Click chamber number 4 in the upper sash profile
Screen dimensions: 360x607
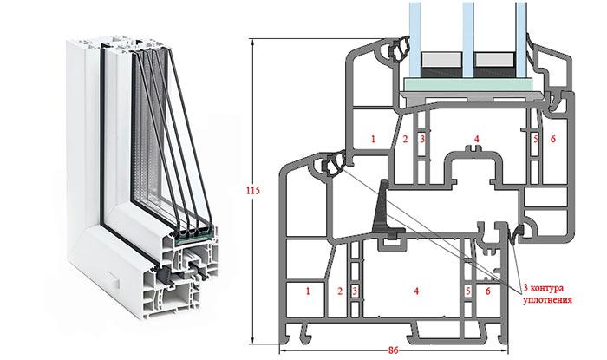[476, 139]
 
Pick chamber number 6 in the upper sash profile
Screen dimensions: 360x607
[552, 139]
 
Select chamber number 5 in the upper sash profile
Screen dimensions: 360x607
[537, 139]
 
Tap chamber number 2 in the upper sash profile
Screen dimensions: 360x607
[405, 139]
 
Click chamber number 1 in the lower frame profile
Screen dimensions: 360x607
[308, 292]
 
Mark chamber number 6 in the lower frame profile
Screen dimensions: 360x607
[487, 292]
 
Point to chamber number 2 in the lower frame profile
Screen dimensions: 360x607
[341, 292]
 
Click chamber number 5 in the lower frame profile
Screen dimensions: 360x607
[469, 292]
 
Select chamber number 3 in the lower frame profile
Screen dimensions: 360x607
[354, 292]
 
